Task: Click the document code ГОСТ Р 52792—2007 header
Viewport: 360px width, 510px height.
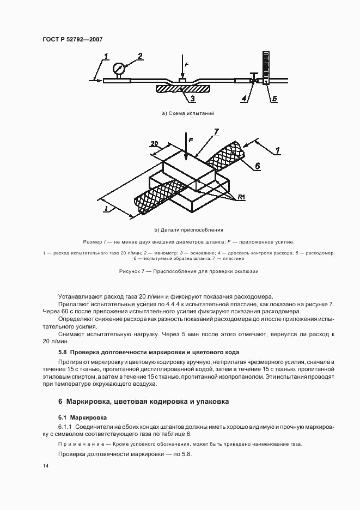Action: tap(72, 39)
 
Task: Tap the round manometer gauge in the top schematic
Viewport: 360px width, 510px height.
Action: tap(118, 69)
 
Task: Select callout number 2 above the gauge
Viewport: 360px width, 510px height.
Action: tap(140, 56)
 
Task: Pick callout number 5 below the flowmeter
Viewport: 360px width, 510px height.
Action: tap(275, 99)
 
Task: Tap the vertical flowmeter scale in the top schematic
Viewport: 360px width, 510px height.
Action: tap(266, 65)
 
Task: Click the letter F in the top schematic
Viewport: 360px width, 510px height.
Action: tap(186, 65)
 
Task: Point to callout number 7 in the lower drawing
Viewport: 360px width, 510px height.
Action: tap(216, 131)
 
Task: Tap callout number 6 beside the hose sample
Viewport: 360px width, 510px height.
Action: tap(258, 166)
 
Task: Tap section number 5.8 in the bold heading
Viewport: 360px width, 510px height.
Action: tap(63, 352)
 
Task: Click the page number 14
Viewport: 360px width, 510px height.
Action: tap(45, 466)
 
